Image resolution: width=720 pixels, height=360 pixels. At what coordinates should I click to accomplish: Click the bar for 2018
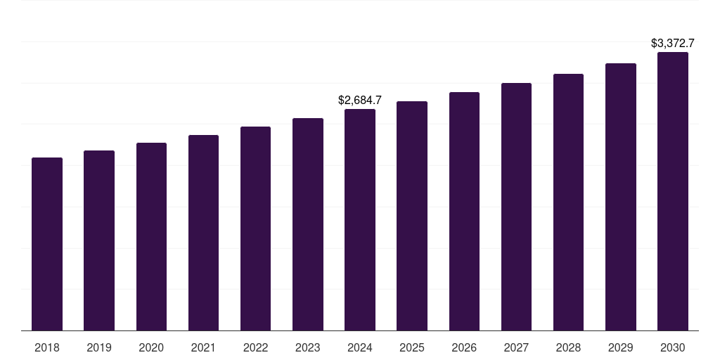pos(47,244)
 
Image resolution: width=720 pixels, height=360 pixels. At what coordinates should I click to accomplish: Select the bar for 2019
pos(99,240)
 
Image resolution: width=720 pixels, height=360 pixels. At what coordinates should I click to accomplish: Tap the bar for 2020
pos(151,237)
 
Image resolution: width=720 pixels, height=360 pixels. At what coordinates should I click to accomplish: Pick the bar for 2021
pos(203,233)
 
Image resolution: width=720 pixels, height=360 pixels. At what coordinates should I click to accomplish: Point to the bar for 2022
pos(255,229)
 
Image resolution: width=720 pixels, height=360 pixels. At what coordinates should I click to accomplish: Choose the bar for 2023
pos(308,224)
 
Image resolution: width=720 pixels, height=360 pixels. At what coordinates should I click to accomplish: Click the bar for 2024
pos(360,220)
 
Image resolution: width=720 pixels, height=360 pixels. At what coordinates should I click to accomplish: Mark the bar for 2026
pos(464,211)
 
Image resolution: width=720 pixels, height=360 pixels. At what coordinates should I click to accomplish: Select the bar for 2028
pos(568,202)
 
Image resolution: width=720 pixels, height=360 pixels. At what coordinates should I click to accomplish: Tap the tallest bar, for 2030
pos(673,191)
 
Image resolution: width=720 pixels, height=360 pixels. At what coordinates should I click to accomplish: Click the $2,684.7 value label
pos(360,101)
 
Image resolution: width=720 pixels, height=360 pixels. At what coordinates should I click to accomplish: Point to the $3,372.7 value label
pos(673,44)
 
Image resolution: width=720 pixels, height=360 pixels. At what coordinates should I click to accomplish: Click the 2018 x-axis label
pos(47,347)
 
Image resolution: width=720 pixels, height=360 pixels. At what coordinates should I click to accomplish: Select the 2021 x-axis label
pos(203,347)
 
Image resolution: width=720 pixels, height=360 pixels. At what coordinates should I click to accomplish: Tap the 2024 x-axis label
pos(360,347)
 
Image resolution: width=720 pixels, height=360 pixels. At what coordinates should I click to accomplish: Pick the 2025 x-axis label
pos(412,347)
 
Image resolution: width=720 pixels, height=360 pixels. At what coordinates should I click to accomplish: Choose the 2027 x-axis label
pos(516,347)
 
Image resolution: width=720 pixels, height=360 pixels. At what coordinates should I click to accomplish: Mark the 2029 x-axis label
pos(621,347)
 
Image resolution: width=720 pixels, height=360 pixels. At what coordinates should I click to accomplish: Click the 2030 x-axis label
pos(673,347)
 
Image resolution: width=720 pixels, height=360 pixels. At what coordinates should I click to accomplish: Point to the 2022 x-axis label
pos(255,347)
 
